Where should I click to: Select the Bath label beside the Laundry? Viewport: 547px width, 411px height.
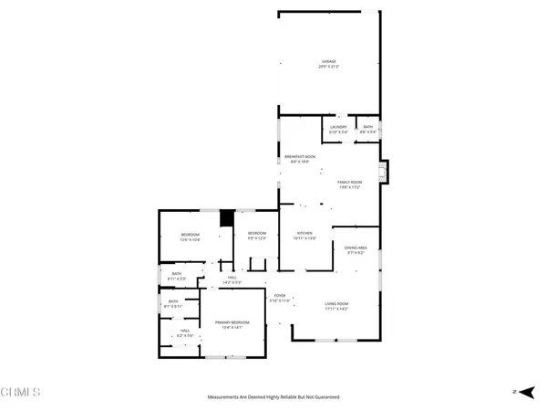click(x=367, y=129)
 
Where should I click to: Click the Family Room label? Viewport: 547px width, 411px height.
click(x=350, y=184)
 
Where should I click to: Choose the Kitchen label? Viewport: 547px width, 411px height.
click(x=304, y=235)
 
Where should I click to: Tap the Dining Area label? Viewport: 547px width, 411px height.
click(x=355, y=248)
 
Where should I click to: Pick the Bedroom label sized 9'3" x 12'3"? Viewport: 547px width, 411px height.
click(x=256, y=236)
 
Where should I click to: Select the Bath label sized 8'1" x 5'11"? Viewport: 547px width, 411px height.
click(x=173, y=303)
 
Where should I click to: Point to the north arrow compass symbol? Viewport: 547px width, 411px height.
click(x=517, y=392)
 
